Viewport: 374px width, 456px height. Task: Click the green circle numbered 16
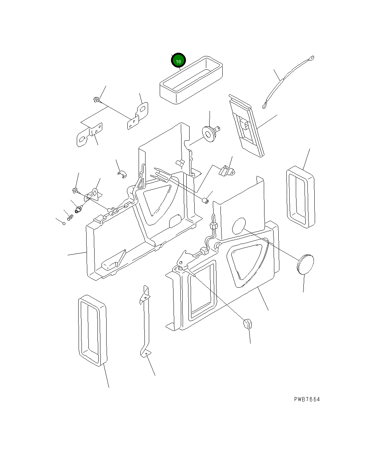pyautogui.click(x=178, y=60)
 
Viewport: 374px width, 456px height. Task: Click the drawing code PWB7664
pyautogui.click(x=307, y=399)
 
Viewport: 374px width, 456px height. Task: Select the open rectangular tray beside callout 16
pyautogui.click(x=191, y=80)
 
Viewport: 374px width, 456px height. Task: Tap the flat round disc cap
pyautogui.click(x=305, y=264)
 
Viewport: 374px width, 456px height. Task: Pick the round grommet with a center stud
pyautogui.click(x=211, y=133)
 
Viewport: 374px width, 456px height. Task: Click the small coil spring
pyautogui.click(x=70, y=217)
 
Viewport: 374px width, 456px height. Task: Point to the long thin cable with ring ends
pyautogui.click(x=288, y=82)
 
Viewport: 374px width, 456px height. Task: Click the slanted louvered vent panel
pyautogui.click(x=246, y=125)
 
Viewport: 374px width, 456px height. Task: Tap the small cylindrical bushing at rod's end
pyautogui.click(x=205, y=201)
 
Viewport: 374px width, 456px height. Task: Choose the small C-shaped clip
pyautogui.click(x=122, y=174)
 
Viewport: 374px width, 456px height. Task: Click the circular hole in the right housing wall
pyautogui.click(x=239, y=226)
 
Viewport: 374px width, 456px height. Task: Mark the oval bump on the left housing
pyautogui.click(x=175, y=221)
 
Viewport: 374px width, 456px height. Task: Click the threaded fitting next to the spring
pyautogui.click(x=79, y=209)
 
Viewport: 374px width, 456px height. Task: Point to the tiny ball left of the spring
pyautogui.click(x=64, y=223)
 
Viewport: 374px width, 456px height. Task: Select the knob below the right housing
pyautogui.click(x=247, y=324)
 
